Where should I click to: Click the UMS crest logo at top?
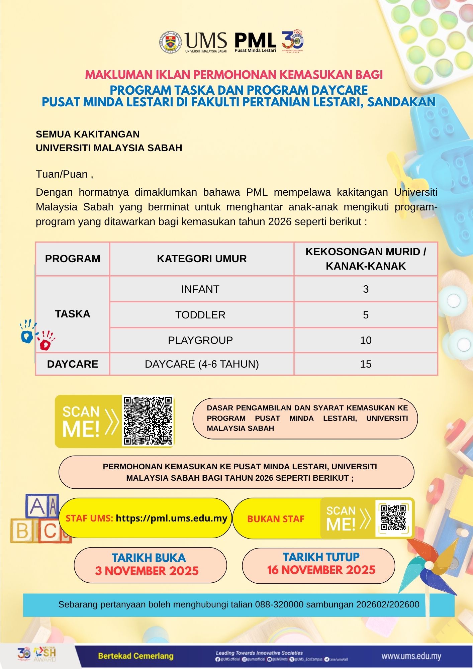[x=171, y=42]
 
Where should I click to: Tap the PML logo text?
[x=255, y=40]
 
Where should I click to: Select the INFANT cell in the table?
[x=200, y=289]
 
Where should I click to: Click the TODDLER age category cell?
[x=200, y=315]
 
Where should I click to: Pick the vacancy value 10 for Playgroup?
[x=366, y=340]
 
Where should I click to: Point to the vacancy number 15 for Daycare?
[x=366, y=364]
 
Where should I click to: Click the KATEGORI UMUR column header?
[x=202, y=259]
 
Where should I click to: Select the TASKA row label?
[x=73, y=314]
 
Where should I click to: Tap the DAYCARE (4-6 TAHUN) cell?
[x=202, y=364]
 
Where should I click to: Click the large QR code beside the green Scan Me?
[x=148, y=420]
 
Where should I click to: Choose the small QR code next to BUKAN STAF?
[x=393, y=518]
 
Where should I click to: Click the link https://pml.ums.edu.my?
[x=171, y=518]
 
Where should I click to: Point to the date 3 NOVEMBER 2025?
[x=147, y=571]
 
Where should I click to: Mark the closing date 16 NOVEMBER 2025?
[x=321, y=570]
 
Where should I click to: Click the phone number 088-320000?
[x=279, y=604]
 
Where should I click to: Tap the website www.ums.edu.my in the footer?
[x=411, y=656]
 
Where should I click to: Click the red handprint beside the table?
[x=45, y=341]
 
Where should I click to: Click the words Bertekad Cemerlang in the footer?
[x=135, y=656]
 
